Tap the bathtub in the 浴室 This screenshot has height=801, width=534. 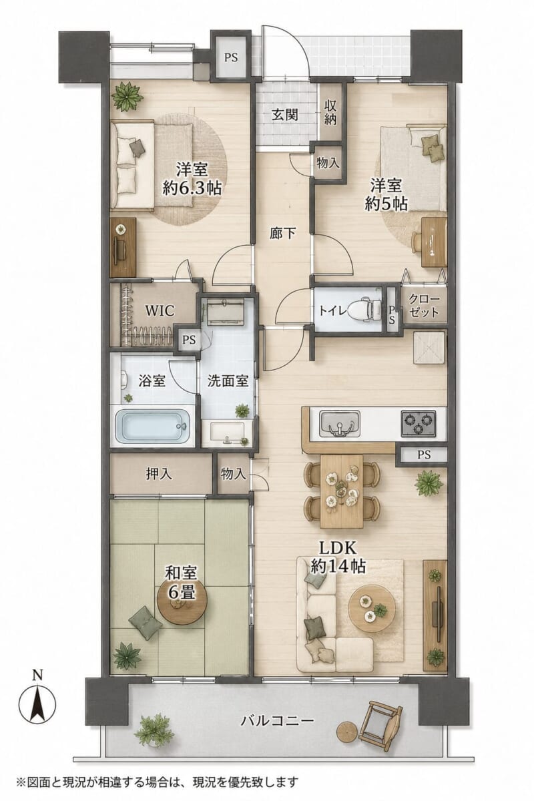[152, 427]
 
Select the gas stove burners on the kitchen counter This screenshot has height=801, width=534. [418, 423]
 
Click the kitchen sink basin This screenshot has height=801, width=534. [339, 423]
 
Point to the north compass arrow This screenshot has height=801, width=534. [37, 696]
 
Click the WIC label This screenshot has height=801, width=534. [160, 311]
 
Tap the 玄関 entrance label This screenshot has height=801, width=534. [285, 115]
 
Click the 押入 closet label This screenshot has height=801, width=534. [159, 474]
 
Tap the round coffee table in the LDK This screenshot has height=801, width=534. [372, 608]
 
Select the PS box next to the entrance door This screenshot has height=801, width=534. [231, 57]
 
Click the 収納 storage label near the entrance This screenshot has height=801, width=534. [330, 112]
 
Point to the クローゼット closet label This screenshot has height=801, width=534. [424, 306]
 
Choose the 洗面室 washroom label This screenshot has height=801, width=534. [228, 381]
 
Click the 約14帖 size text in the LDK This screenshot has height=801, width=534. [338, 566]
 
